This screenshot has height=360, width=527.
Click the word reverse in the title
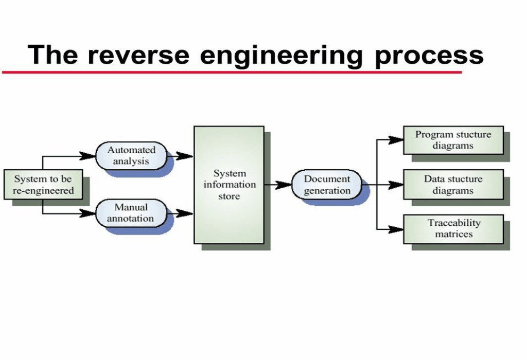(x=138, y=54)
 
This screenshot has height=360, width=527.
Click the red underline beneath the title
(x=232, y=72)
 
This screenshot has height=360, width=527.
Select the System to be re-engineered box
(x=43, y=185)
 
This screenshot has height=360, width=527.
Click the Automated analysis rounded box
(x=131, y=155)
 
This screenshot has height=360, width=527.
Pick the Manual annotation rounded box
(x=131, y=213)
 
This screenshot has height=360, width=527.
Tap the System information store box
(x=229, y=185)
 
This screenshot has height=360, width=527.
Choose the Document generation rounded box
(x=327, y=185)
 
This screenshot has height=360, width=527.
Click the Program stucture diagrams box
(x=453, y=140)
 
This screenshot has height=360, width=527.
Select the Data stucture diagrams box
(x=453, y=185)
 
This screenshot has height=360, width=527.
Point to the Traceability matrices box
(x=453, y=228)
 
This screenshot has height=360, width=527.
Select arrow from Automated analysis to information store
(x=181, y=156)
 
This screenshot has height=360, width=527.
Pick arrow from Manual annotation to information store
(x=181, y=212)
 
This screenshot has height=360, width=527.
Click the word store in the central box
(x=229, y=196)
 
